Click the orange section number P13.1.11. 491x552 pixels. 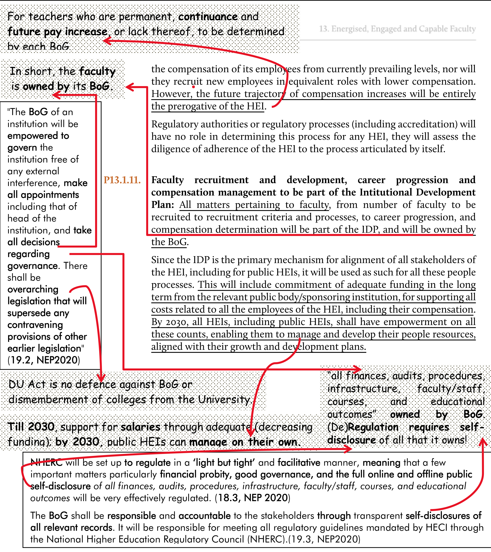(122, 180)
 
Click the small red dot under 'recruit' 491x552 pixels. (193, 87)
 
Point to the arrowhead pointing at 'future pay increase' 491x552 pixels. (107, 41)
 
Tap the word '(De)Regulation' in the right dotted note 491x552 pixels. (363, 427)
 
